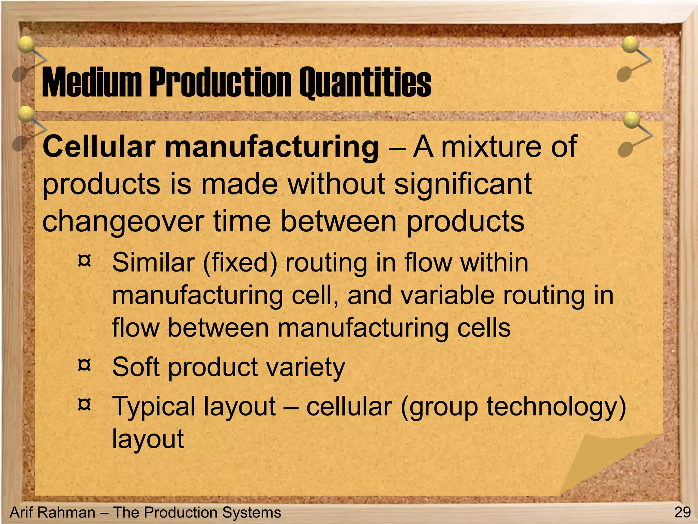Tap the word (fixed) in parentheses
[x=240, y=263]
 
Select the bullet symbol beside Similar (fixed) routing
[x=84, y=261]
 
